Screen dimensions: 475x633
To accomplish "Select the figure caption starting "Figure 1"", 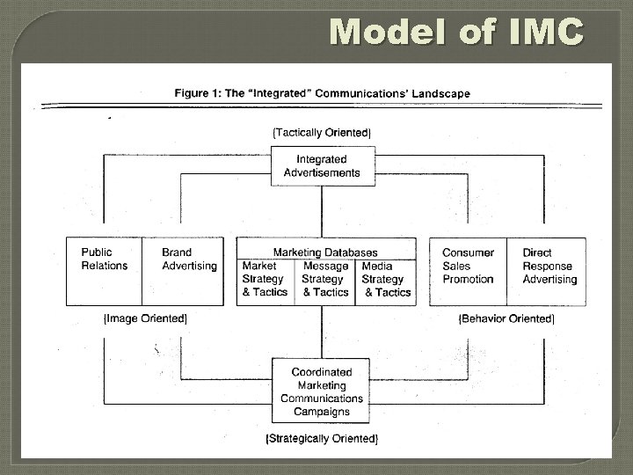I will pos(322,92).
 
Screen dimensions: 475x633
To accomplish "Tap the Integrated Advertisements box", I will pos(322,166).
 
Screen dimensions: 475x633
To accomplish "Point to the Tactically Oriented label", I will pos(322,132).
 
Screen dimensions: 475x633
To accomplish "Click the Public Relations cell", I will pos(105,259).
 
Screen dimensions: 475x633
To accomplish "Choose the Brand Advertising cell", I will pos(189,259).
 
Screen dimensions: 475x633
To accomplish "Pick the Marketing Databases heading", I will pos(325,252).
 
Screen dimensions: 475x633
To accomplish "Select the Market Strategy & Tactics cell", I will pos(265,279).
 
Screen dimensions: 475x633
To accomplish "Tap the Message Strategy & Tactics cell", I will pos(325,279).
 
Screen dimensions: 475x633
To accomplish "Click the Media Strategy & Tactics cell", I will pos(386,279).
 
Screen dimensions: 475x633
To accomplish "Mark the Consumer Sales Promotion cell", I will pos(468,266).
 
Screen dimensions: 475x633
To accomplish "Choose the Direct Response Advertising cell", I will pos(549,266).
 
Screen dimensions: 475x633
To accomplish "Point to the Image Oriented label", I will pos(145,318).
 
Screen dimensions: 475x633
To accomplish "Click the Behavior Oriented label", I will pos(507,318).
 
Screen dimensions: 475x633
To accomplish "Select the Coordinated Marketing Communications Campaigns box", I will pos(322,391).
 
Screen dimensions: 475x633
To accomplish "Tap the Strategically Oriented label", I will pos(322,437).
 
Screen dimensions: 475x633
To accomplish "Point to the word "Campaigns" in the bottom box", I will pos(322,411).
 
